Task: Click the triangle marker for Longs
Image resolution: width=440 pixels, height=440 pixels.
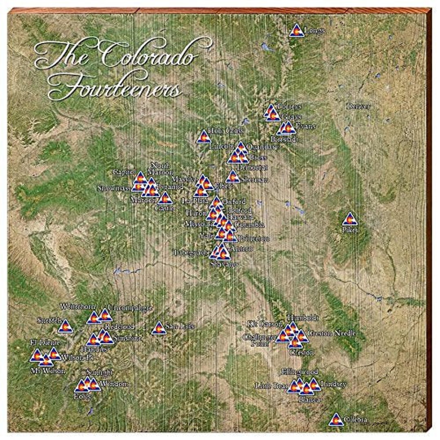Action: (297, 31)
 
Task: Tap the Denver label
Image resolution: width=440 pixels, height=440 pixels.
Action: (359, 106)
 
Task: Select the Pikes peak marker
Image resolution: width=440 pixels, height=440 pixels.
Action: (349, 220)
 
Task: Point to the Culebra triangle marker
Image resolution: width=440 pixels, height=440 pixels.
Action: (336, 420)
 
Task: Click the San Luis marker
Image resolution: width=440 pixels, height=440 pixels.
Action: (159, 328)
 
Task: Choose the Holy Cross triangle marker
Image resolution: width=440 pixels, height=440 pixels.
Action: (204, 137)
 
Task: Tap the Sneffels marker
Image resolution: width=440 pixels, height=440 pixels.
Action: (65, 327)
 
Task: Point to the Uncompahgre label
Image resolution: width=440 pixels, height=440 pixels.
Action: (129, 308)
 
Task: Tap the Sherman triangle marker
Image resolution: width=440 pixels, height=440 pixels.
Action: (233, 177)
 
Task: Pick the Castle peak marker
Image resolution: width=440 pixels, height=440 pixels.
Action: (165, 198)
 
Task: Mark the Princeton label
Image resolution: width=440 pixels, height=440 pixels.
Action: (254, 238)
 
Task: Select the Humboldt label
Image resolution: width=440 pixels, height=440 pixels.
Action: (303, 317)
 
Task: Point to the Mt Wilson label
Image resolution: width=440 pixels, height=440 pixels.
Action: (48, 371)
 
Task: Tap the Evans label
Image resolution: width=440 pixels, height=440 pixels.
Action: (306, 126)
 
